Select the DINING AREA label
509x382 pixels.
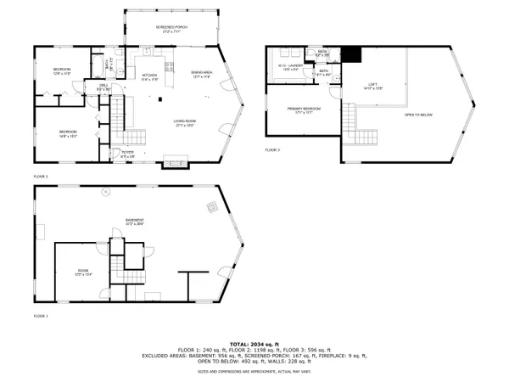click(202, 75)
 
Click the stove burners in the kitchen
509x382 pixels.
click(169, 66)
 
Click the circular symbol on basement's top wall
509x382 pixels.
click(104, 190)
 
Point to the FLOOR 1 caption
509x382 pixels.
click(41, 316)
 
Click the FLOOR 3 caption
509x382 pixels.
click(271, 149)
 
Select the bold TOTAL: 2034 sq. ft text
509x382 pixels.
click(254, 337)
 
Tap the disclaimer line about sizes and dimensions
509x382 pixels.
click(254, 371)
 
